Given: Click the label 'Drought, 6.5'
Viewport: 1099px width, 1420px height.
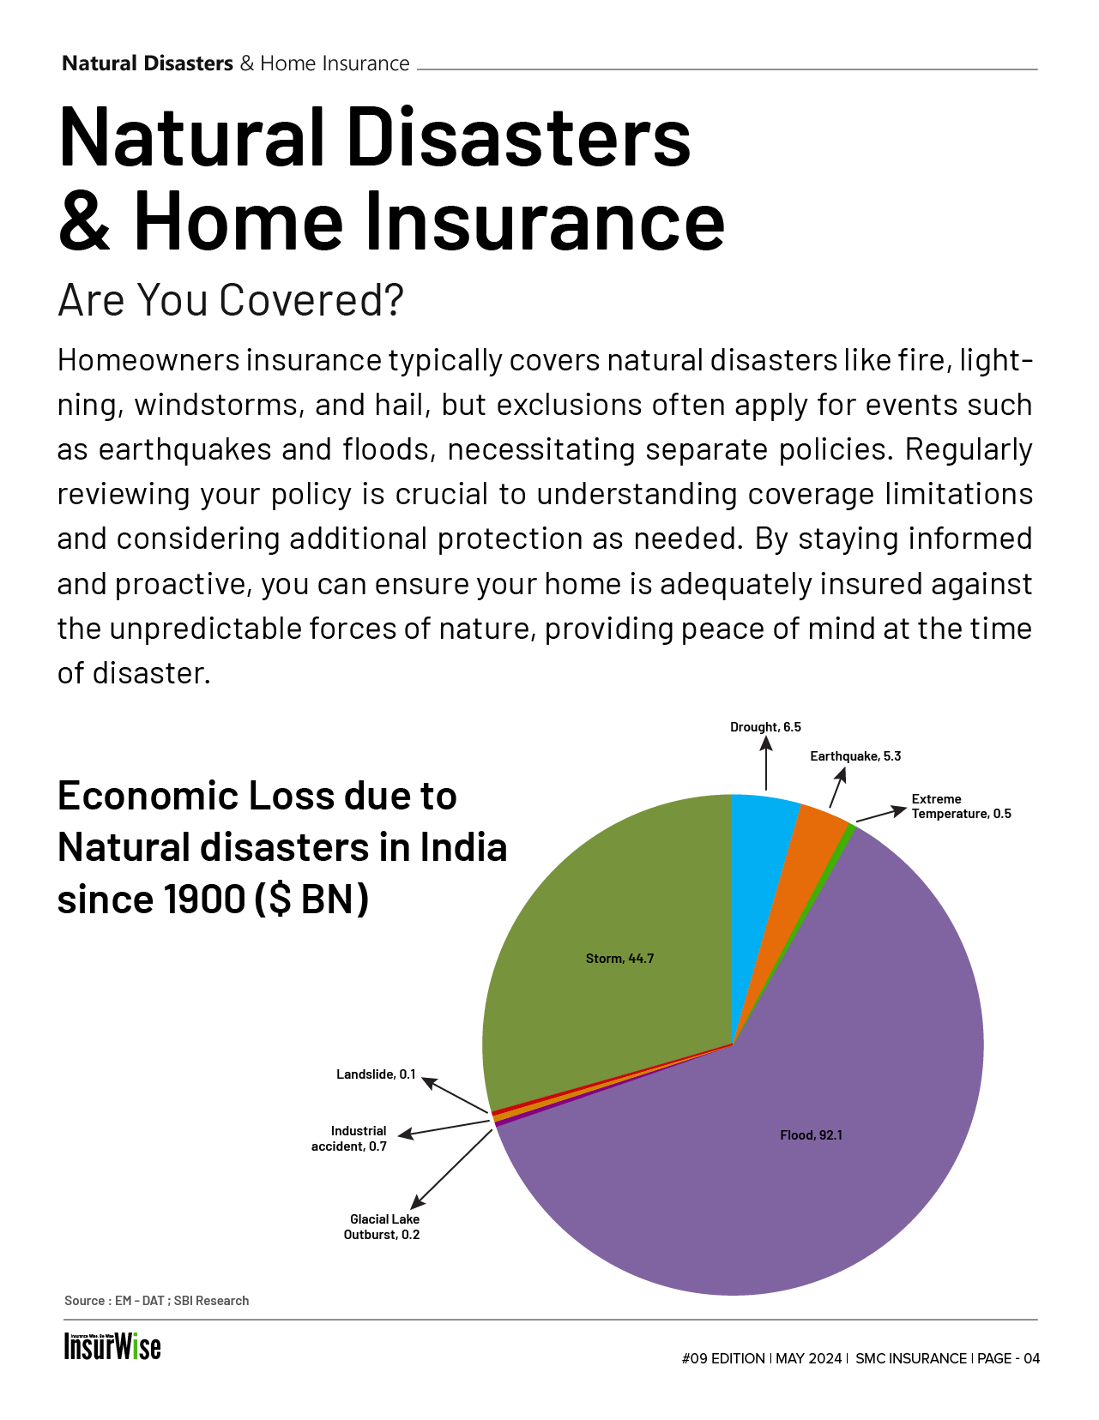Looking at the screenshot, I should (x=765, y=727).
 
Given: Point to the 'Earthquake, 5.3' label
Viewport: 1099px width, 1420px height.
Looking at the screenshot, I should (x=855, y=756).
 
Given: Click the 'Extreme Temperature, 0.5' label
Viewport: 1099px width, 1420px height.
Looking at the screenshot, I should (x=961, y=806).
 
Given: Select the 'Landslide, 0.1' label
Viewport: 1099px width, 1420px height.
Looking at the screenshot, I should (x=376, y=1074).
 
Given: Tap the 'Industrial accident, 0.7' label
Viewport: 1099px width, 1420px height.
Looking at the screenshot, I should (x=350, y=1139).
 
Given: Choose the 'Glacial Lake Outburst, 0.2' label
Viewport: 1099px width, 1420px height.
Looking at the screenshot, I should (x=383, y=1227).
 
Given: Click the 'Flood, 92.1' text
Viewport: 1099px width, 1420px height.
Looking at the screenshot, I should (x=811, y=1135).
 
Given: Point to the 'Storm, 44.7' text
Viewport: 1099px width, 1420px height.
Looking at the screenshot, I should (x=619, y=959).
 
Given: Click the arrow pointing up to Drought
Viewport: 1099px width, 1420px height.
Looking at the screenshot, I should (x=766, y=763).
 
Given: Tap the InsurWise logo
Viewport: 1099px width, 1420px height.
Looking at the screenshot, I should (x=112, y=1346).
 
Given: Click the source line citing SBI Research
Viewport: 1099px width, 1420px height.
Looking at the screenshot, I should (x=157, y=1301).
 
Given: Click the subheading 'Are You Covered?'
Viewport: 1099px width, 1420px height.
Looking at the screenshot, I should (x=230, y=300).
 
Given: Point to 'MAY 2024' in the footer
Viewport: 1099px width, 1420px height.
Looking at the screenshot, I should (x=808, y=1358).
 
